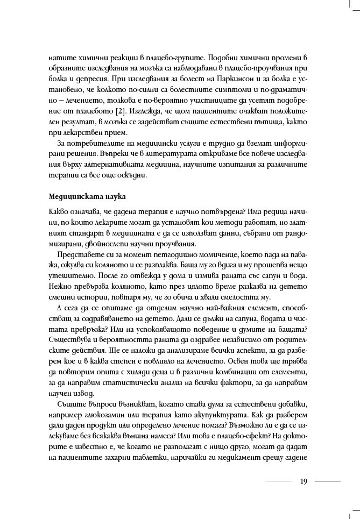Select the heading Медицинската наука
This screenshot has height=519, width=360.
point(80,195)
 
